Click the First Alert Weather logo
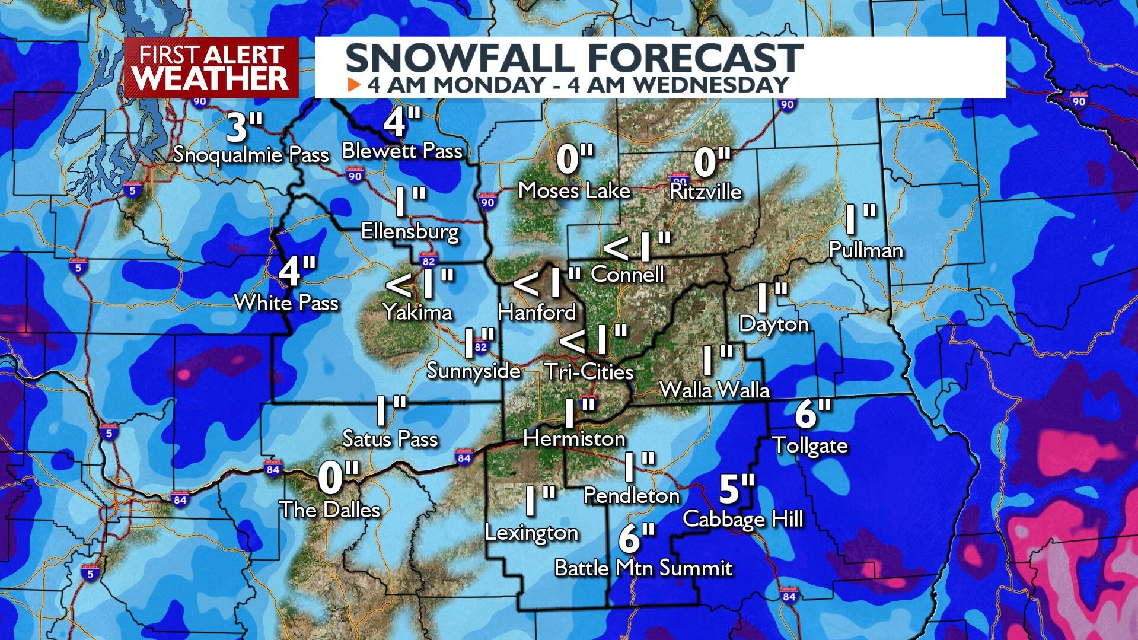pyautogui.click(x=212, y=68)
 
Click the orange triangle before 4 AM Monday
pyautogui.click(x=354, y=85)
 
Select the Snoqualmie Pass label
pyautogui.click(x=251, y=155)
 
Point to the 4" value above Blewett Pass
pyautogui.click(x=402, y=122)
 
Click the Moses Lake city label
pyautogui.click(x=574, y=190)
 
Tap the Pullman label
pyautogui.click(x=865, y=250)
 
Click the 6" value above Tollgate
pyautogui.click(x=813, y=414)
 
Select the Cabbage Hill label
pyautogui.click(x=743, y=519)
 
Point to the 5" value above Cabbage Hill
pyautogui.click(x=737, y=489)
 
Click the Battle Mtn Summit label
pyautogui.click(x=643, y=568)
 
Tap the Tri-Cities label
pyautogui.click(x=589, y=372)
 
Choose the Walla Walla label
pyautogui.click(x=715, y=390)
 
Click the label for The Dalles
pyautogui.click(x=330, y=510)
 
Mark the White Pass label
pyautogui.click(x=286, y=303)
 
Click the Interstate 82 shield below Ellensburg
pyautogui.click(x=428, y=260)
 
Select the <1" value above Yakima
pyautogui.click(x=419, y=284)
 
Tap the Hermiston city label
pyautogui.click(x=574, y=439)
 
